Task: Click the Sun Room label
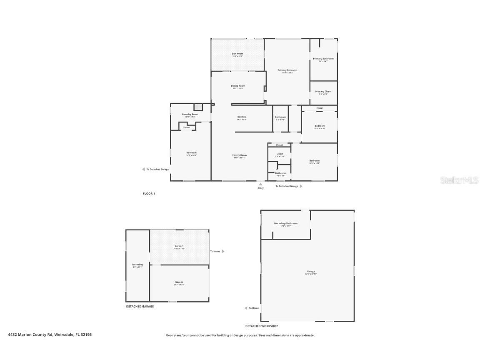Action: pos(237,54)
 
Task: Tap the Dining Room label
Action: pos(238,86)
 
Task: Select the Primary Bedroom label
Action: pos(287,70)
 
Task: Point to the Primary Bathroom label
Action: pos(323,59)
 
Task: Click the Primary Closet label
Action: pos(323,91)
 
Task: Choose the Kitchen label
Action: pos(242,117)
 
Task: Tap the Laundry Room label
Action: pos(190,114)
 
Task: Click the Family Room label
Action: pos(240,155)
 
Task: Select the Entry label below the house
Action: pos(260,188)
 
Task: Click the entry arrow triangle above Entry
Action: pos(260,183)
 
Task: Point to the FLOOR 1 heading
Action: pos(149,194)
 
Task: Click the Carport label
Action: pos(179,246)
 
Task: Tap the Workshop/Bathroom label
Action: pos(285,223)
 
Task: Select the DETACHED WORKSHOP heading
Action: pos(261,326)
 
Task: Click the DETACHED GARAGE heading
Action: pos(140,306)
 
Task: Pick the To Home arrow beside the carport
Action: pos(223,251)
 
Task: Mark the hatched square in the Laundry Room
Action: pos(198,107)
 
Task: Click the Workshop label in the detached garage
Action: pos(137,264)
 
